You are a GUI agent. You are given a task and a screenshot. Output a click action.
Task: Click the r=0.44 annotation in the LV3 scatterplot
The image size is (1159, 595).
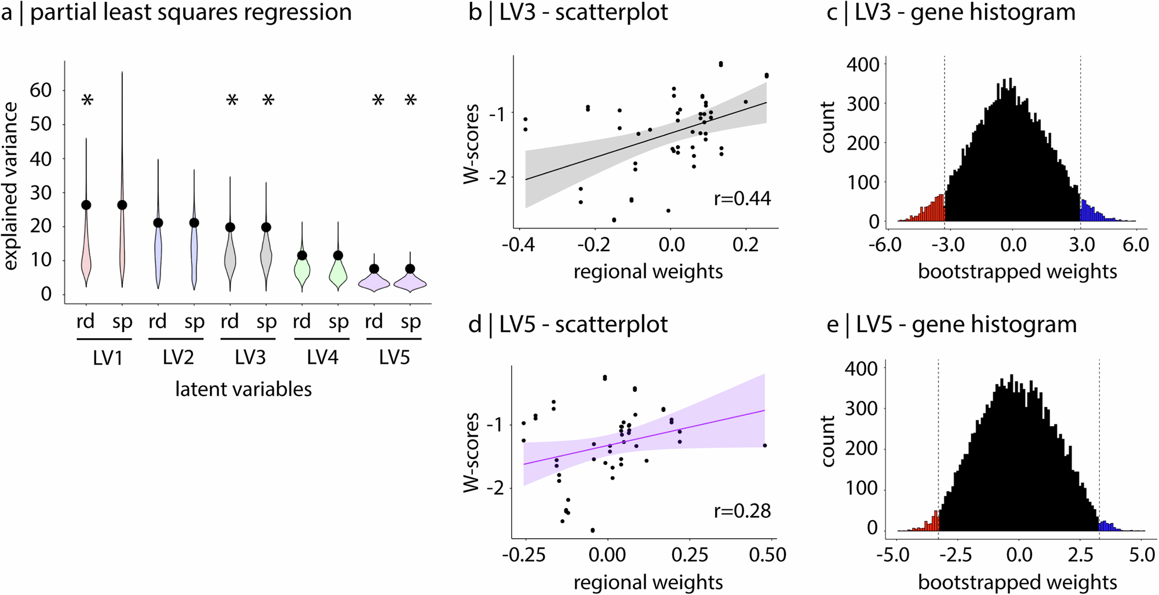(742, 199)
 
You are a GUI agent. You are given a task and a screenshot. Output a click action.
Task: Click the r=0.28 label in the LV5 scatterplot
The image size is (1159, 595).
(742, 511)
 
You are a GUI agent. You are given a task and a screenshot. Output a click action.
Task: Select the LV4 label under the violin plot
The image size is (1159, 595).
(322, 358)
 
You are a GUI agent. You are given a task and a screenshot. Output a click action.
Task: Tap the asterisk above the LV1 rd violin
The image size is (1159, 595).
(87, 102)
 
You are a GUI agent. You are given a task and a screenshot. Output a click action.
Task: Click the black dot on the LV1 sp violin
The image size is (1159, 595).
(122, 205)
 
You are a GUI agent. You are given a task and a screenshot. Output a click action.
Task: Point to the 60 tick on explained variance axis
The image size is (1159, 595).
(41, 90)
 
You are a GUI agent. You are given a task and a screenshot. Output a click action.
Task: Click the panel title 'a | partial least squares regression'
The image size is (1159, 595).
(176, 13)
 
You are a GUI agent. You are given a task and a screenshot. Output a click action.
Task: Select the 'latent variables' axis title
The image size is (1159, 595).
(243, 389)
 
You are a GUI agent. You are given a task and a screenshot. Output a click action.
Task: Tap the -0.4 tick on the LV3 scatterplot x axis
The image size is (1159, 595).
(518, 245)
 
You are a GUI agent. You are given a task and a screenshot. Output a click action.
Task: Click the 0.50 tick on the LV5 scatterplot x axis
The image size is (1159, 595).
(767, 556)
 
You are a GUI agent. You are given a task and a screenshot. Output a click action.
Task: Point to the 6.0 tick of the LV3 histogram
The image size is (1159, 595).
(1135, 245)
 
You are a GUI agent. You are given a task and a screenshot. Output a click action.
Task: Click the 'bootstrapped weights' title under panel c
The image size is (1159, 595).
(1018, 271)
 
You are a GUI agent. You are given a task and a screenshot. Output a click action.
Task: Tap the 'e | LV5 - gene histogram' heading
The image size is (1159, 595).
(952, 325)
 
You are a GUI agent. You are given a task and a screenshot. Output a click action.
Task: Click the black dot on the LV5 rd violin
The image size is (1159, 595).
(374, 269)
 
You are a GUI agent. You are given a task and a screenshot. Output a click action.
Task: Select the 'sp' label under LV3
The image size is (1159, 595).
(267, 321)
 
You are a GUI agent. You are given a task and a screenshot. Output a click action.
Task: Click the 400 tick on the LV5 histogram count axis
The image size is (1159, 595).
(863, 368)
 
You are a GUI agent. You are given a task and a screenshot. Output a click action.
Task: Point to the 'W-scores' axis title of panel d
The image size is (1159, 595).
(472, 452)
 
